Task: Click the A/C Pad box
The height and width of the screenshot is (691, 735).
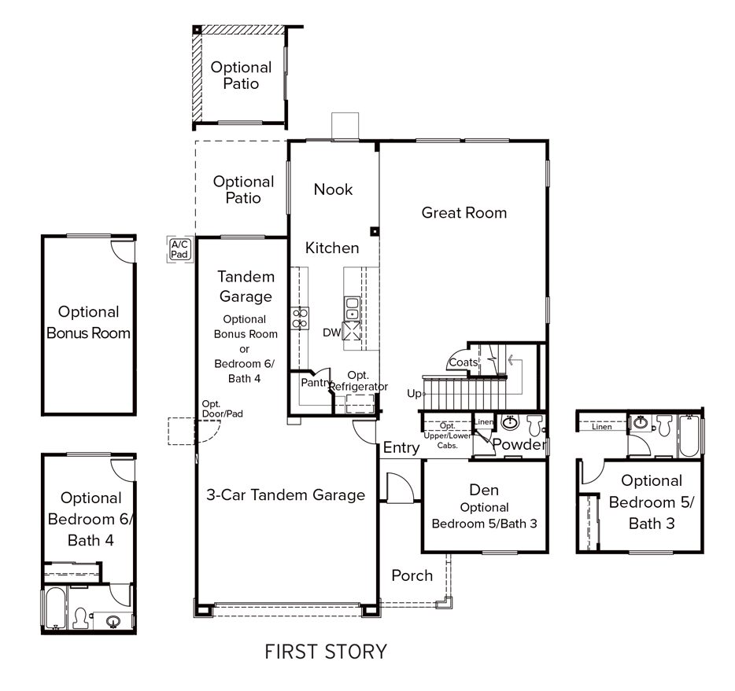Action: [179, 249]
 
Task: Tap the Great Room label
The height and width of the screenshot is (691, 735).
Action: [464, 212]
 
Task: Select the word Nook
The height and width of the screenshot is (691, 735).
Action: [333, 189]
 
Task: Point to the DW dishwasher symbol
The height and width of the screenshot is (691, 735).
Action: [331, 333]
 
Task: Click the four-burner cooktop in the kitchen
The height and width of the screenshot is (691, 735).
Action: [300, 318]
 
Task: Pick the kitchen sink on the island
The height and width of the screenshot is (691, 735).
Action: [352, 309]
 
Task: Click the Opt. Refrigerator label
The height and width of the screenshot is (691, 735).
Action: [358, 381]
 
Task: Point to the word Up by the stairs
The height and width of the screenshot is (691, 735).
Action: [414, 393]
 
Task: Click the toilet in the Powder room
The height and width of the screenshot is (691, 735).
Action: [535, 425]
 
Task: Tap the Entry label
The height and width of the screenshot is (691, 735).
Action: [401, 448]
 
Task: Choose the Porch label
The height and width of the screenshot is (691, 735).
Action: [412, 575]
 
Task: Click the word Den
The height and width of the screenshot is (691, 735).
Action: [484, 491]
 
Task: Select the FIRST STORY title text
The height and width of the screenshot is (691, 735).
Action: [326, 652]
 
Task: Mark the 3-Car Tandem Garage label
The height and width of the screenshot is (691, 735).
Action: [286, 494]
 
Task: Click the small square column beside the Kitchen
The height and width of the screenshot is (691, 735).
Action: [375, 232]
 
